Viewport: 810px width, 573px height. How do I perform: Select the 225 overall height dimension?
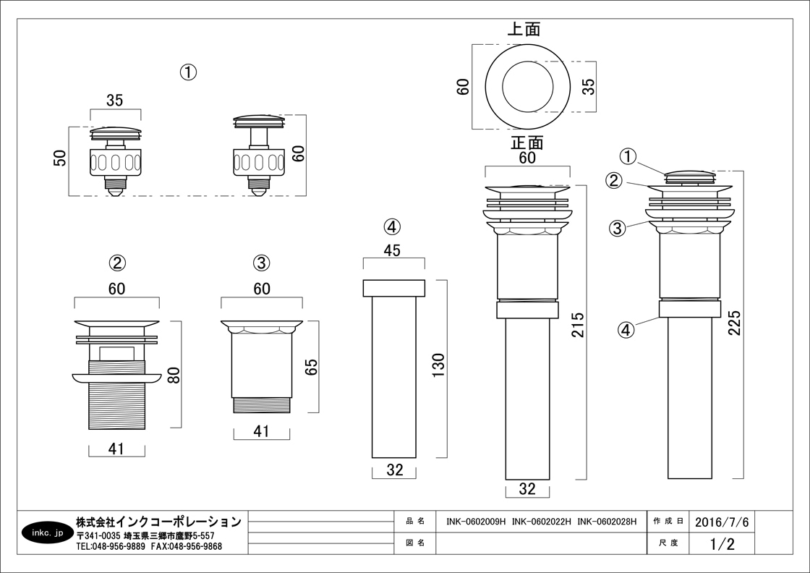click(x=734, y=322)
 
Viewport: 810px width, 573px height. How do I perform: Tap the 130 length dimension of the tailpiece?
click(x=438, y=365)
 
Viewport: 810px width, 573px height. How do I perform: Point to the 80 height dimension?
click(x=174, y=375)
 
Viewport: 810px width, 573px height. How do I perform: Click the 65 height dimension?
click(x=312, y=367)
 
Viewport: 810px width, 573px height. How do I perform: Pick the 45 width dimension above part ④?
click(x=393, y=250)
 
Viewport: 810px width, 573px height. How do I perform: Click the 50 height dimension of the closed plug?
click(x=60, y=158)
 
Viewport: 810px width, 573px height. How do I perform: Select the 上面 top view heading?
click(x=524, y=30)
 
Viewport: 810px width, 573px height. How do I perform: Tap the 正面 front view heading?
click(x=527, y=142)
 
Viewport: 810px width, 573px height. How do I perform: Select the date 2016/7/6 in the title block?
click(x=722, y=522)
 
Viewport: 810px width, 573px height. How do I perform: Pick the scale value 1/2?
click(x=722, y=543)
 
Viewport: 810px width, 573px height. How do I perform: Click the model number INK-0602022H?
click(x=541, y=522)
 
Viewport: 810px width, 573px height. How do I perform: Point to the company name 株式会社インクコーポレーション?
click(x=158, y=522)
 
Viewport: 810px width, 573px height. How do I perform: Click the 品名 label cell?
click(x=415, y=522)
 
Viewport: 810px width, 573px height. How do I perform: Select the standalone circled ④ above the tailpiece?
click(x=392, y=227)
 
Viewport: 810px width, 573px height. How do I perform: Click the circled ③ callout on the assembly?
click(x=618, y=228)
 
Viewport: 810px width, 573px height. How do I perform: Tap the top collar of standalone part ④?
click(x=394, y=288)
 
